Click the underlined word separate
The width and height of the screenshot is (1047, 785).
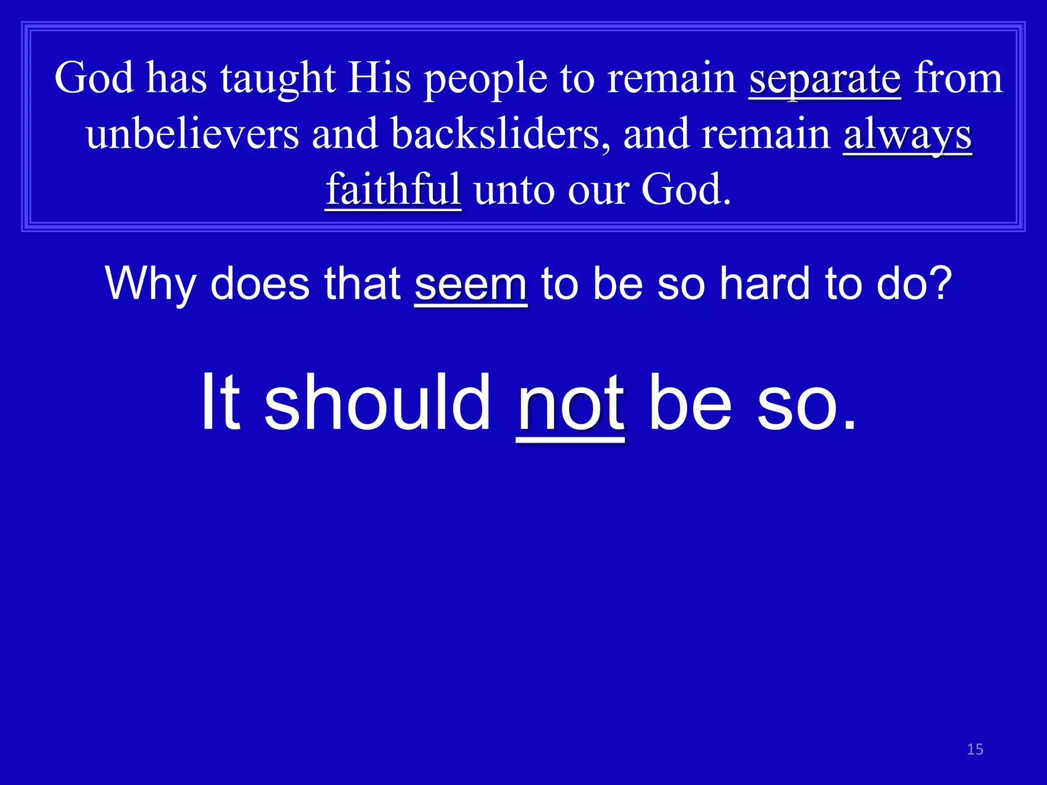coord(825,79)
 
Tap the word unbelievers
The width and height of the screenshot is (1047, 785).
coord(192,134)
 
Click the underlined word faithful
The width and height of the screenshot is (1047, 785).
coord(393,189)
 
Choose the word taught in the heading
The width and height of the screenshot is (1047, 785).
coord(278,79)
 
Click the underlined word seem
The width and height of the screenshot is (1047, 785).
coord(470,284)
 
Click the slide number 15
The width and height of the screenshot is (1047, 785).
coord(975,749)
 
